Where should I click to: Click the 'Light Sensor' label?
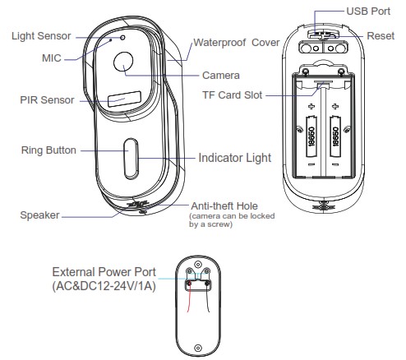(x=41, y=36)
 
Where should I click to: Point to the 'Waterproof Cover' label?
(x=236, y=42)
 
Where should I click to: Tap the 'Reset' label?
(x=379, y=38)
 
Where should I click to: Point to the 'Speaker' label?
(x=39, y=215)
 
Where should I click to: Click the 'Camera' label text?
(x=221, y=75)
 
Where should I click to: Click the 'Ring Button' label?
(x=49, y=150)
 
